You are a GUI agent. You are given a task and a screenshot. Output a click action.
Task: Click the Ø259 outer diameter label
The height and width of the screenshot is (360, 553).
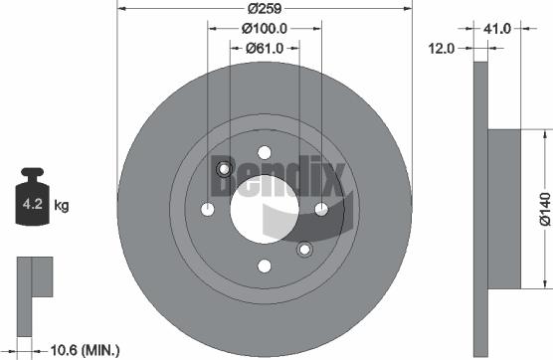pyautogui.click(x=265, y=9)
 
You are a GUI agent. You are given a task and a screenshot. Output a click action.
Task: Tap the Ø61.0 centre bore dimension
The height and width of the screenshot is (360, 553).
pyautogui.click(x=265, y=48)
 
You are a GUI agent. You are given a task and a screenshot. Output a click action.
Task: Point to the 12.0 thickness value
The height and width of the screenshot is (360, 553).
pyautogui.click(x=443, y=48)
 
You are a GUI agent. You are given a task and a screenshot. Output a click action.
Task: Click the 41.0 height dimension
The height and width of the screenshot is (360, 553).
pyautogui.click(x=496, y=29)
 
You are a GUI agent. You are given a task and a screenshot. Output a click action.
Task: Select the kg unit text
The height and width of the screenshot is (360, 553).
pyautogui.click(x=61, y=206)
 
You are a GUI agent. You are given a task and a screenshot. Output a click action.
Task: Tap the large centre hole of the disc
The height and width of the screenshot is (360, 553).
pyautogui.click(x=265, y=209)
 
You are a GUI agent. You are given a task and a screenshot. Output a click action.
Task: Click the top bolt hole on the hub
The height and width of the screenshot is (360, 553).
pyautogui.click(x=265, y=152)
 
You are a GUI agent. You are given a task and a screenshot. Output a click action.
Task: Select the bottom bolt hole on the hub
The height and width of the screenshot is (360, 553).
pyautogui.click(x=265, y=266)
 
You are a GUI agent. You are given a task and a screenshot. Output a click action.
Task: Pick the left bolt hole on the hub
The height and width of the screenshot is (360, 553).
pyautogui.click(x=208, y=209)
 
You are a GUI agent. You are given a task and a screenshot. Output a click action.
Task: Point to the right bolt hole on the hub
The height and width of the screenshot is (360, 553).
pyautogui.click(x=321, y=209)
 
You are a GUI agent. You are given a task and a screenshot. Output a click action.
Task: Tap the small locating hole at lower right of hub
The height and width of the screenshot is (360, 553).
pyautogui.click(x=304, y=249)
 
